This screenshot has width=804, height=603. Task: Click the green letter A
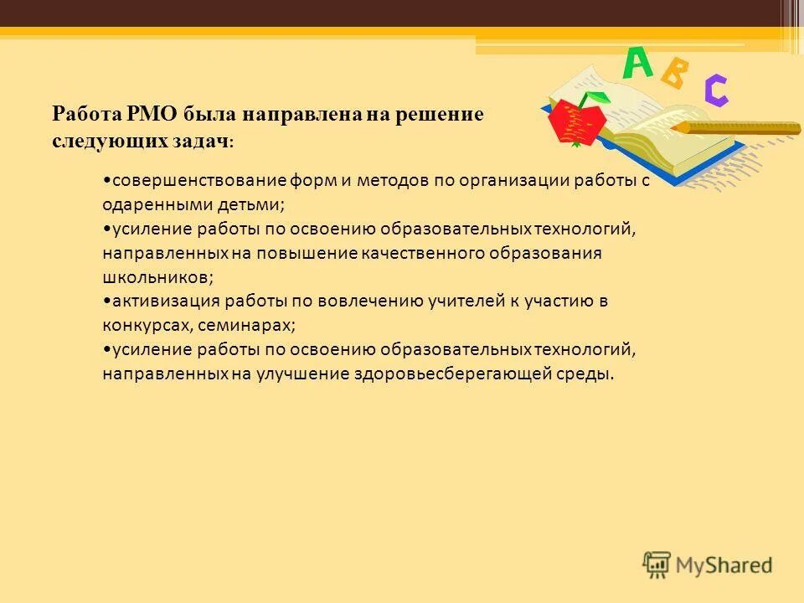point(636,64)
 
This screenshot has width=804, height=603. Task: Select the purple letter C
point(715,90)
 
